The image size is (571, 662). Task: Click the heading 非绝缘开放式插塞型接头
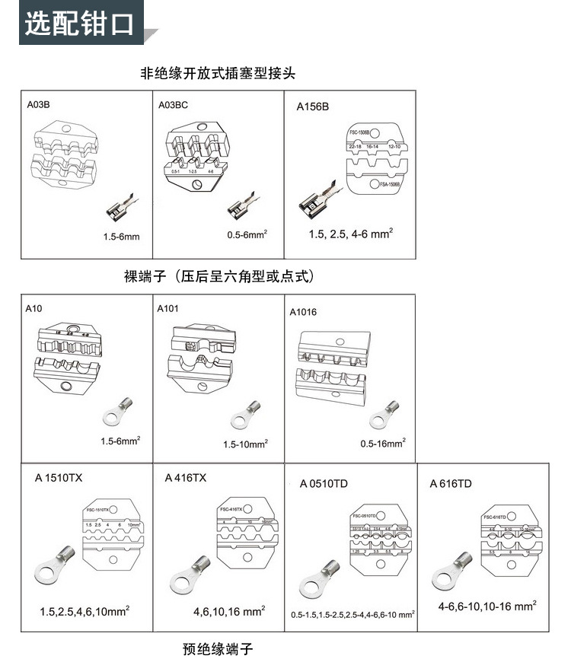tap(217, 74)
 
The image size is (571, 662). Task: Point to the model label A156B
tap(312, 107)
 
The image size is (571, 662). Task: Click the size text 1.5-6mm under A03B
tap(122, 237)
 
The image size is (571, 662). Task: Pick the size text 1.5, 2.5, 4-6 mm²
tap(351, 234)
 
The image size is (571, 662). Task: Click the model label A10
tap(33, 309)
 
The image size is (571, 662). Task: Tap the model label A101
tap(167, 309)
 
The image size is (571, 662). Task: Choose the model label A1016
tap(303, 312)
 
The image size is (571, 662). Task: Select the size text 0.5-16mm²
tap(383, 441)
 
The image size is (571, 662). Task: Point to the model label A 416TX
tap(186, 478)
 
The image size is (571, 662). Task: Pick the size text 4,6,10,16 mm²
tap(229, 610)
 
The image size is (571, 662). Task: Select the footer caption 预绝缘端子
tap(217, 649)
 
